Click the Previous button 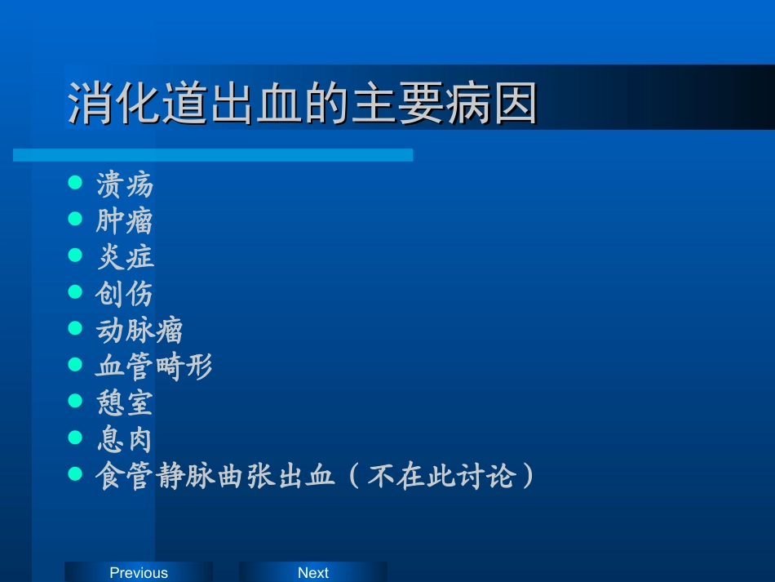click(139, 572)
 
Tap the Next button click(312, 572)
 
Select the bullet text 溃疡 click(125, 184)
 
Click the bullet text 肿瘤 click(125, 221)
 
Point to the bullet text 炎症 click(125, 257)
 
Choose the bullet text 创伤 click(125, 294)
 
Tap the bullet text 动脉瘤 click(139, 330)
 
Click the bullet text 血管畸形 click(154, 367)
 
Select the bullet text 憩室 click(125, 402)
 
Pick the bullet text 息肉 click(125, 439)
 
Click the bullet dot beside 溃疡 click(76, 182)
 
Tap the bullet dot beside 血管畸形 click(76, 364)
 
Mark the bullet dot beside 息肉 click(76, 437)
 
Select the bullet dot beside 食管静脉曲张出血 click(76, 473)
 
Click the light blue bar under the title click(213, 155)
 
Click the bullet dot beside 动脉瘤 click(76, 327)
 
